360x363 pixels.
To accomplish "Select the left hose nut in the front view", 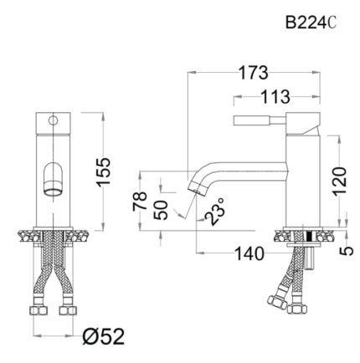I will tap(37, 311).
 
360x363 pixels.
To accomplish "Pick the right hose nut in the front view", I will tap(70, 311).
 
